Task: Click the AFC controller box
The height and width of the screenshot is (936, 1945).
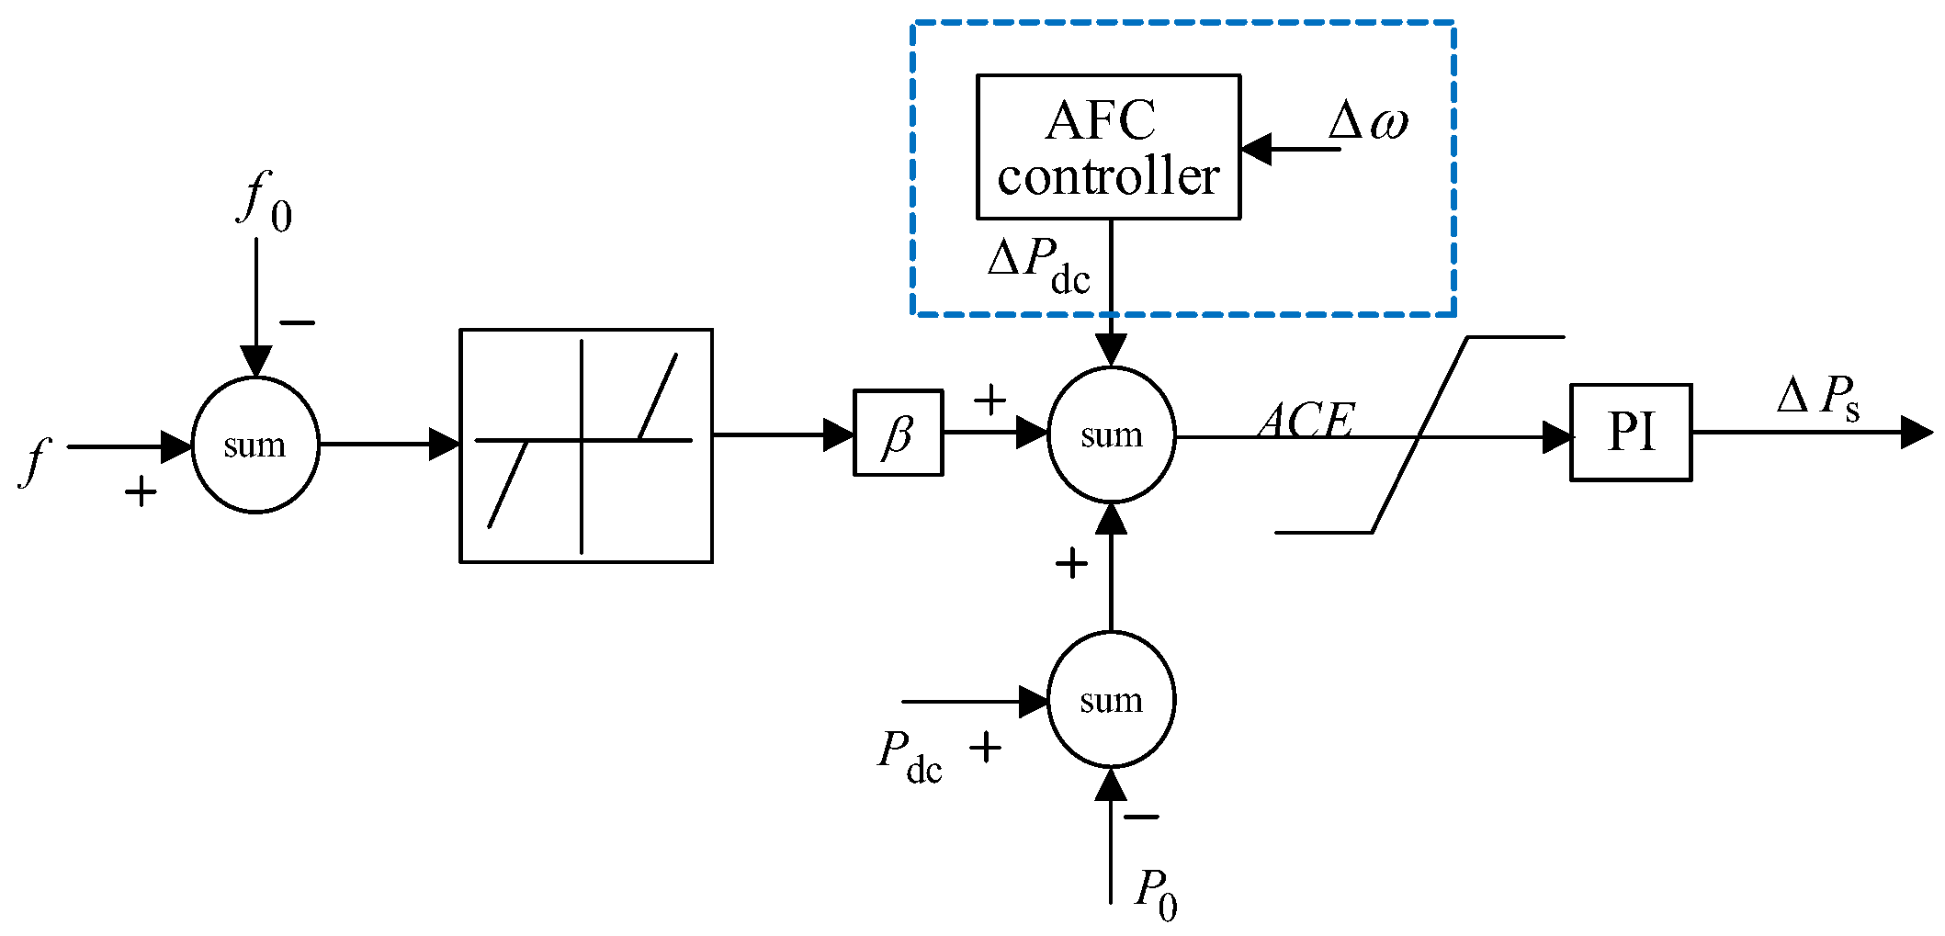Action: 1108,147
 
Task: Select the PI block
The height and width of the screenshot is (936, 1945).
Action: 1630,433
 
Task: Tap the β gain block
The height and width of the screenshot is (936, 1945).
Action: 898,434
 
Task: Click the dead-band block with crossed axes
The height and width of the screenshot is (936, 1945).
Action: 585,445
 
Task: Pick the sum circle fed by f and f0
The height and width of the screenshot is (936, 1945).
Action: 255,445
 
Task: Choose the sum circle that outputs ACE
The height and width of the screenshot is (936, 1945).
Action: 1111,435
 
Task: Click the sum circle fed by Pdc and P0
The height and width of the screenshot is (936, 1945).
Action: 1111,700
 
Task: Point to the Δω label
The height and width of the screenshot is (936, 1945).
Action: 1368,120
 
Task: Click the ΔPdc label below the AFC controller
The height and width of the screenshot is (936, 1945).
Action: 1039,265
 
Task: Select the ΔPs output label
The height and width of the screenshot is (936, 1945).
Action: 1819,398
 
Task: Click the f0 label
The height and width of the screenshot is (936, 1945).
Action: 265,202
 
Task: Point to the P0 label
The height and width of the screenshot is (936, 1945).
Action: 1155,893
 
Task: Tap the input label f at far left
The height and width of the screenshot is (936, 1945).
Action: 35,460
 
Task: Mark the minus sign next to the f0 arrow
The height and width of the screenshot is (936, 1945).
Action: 297,322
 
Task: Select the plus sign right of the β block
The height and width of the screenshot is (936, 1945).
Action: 989,400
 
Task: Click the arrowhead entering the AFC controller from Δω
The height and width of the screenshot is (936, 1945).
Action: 1256,149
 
